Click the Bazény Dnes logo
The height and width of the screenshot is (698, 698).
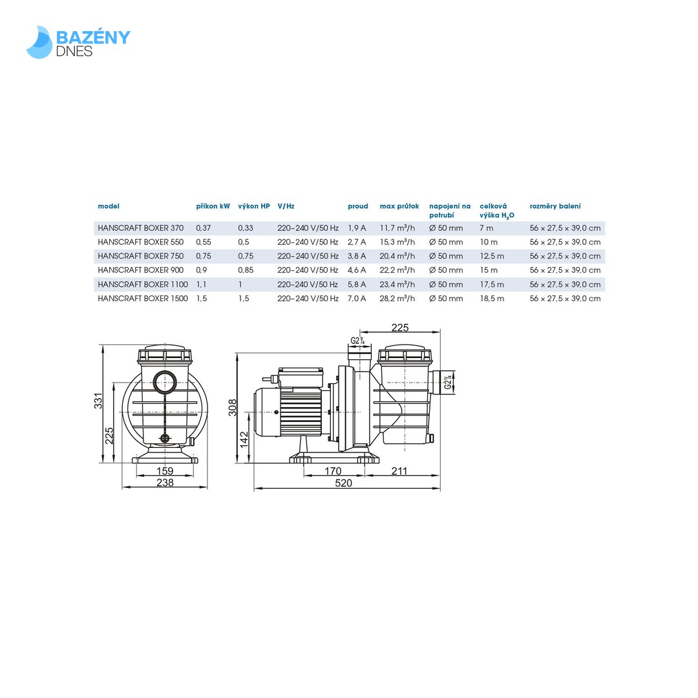tap(78, 42)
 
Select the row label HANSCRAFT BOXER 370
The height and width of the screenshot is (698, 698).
tap(140, 228)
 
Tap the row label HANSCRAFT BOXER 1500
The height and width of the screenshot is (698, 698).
tap(143, 299)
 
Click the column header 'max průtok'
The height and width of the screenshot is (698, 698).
tap(399, 207)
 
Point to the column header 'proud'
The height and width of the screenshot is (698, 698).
tap(357, 207)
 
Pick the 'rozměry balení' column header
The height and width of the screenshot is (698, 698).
tap(555, 207)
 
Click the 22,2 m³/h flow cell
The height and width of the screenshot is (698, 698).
tap(397, 270)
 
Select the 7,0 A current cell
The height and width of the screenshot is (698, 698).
tap(357, 299)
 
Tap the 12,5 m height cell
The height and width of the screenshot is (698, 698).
tap(492, 256)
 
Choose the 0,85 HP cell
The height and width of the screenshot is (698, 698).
tap(246, 270)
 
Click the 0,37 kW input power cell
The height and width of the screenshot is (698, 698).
tap(204, 228)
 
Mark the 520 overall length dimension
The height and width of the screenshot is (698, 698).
tap(343, 483)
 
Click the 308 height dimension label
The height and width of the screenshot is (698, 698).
tap(233, 407)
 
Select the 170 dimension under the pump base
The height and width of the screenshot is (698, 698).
tap(333, 471)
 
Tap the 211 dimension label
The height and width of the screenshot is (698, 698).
tap(399, 471)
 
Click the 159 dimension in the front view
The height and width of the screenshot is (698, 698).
tap(165, 471)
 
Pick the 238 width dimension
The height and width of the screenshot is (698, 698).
tap(165, 483)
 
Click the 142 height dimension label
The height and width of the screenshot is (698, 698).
tap(244, 439)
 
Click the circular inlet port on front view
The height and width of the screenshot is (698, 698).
tap(165, 381)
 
